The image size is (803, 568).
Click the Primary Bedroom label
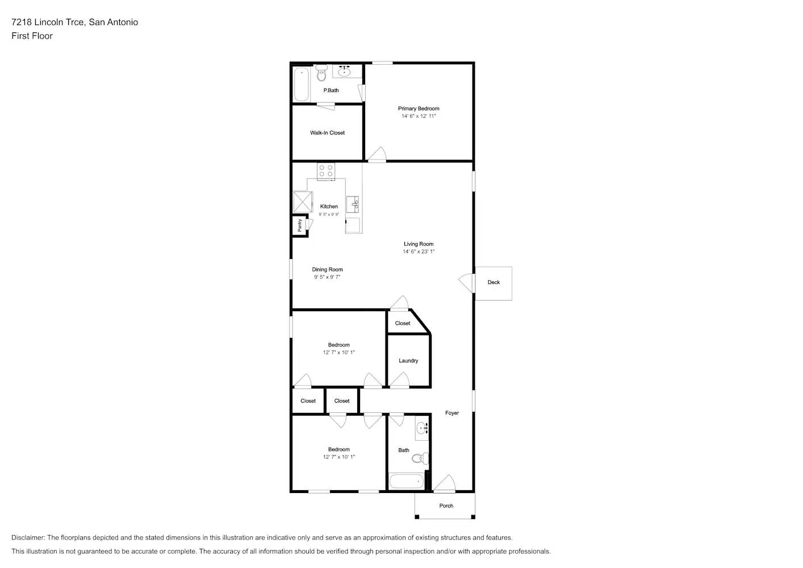pos(419,108)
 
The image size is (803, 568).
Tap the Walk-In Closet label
pos(327,133)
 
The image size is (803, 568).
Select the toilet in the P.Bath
pos(321,73)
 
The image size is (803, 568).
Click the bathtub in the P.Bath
pos(302,84)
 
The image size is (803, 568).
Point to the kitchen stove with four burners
pos(326,171)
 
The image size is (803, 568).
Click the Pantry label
pos(300,225)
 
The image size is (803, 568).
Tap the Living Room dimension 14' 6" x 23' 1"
pos(419,252)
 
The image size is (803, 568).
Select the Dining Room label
pos(327,269)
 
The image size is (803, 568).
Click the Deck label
pos(493,282)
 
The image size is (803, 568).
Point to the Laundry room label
pos(408,360)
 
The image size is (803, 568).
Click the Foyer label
pos(452,413)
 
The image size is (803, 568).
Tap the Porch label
pos(446,506)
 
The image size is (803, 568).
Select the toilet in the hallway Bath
pos(420,458)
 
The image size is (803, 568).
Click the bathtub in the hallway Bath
pos(407,481)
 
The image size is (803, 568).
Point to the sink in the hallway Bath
pos(423,428)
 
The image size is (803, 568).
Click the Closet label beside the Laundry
pos(403,323)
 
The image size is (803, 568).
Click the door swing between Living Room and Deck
pos(466,283)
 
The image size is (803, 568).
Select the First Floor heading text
pos(32,36)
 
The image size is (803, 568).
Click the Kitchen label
pos(329,206)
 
